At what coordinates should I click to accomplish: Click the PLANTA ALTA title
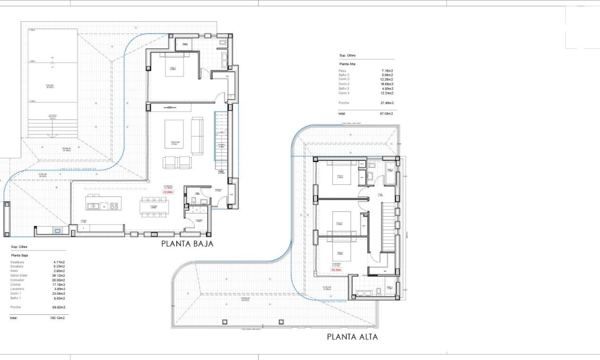[352, 336]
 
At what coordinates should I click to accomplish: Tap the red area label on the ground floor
[169, 193]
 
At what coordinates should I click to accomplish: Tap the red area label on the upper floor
[336, 270]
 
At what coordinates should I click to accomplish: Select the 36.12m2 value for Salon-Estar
[58, 276]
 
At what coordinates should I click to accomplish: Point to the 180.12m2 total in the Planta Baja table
[58, 318]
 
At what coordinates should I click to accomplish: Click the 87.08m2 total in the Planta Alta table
[386, 114]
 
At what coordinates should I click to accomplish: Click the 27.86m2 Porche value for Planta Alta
[386, 102]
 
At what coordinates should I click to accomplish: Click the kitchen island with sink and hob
[104, 206]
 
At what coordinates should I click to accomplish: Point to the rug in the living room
[174, 134]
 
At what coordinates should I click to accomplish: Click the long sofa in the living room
[196, 135]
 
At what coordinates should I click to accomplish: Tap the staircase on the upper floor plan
[389, 228]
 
